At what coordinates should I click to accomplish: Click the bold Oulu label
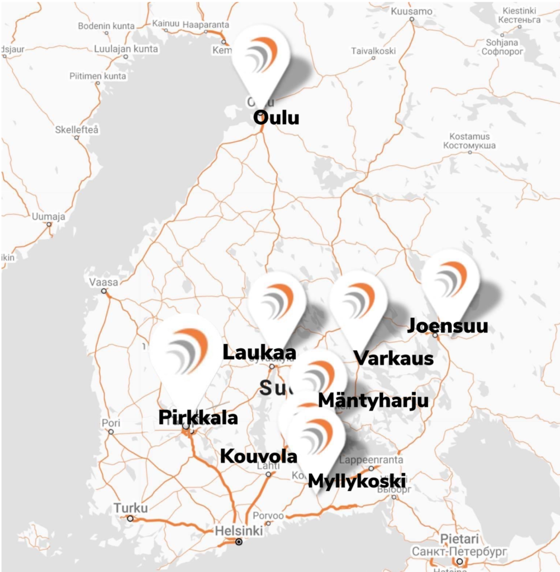(276, 118)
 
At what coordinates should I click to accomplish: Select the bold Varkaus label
(394, 357)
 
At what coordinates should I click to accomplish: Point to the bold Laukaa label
(259, 352)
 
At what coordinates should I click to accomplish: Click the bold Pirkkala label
(198, 417)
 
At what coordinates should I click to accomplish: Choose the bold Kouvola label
(259, 456)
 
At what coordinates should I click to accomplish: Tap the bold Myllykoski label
(357, 480)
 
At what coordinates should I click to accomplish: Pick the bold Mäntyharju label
(373, 400)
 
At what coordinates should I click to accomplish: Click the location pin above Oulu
(262, 56)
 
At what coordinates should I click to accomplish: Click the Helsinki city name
(239, 530)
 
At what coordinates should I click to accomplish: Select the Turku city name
(131, 508)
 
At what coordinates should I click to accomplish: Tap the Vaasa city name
(103, 282)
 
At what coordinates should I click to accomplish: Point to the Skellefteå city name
(77, 130)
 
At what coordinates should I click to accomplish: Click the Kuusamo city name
(412, 11)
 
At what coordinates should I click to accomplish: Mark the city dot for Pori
(111, 432)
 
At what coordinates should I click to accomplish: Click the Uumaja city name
(49, 217)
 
